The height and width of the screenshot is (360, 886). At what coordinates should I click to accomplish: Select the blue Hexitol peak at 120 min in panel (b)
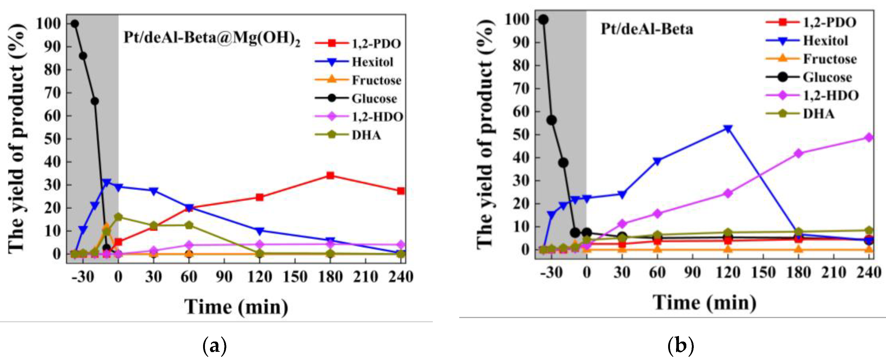728,129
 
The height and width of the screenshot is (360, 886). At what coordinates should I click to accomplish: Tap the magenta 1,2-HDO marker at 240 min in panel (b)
869,138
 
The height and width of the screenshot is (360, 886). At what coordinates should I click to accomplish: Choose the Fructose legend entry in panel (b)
829,59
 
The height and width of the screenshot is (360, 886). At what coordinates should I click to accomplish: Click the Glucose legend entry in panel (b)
827,77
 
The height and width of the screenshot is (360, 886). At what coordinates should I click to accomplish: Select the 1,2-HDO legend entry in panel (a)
377,117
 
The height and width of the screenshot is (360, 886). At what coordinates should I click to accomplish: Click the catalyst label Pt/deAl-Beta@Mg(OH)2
212,38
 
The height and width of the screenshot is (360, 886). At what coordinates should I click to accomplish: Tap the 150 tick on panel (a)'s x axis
295,277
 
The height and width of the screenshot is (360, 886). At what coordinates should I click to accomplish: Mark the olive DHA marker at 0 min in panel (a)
118,217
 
